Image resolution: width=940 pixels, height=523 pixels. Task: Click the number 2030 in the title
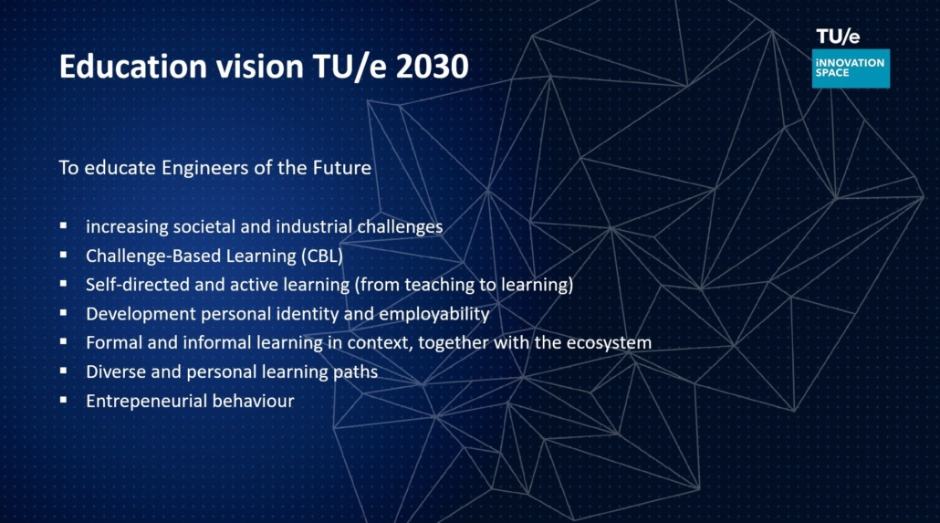[x=432, y=66]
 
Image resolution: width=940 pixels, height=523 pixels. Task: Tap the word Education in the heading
[x=133, y=66]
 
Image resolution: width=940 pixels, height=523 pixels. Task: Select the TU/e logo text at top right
[x=838, y=37]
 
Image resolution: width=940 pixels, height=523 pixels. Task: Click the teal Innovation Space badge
[x=851, y=68]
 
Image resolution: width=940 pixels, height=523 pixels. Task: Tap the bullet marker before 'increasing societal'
[x=64, y=225]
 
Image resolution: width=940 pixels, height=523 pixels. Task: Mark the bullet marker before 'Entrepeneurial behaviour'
[x=64, y=400]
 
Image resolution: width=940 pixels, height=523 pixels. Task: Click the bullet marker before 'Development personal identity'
[x=64, y=312]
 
